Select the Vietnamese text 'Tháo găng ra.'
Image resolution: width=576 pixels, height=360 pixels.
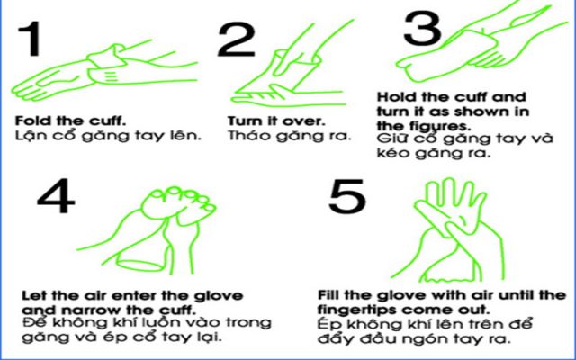271,136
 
